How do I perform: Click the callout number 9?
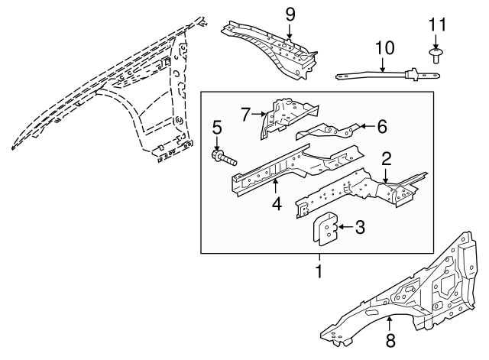pyautogui.click(x=290, y=15)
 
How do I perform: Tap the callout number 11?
pyautogui.click(x=437, y=24)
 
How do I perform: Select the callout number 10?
pyautogui.click(x=384, y=48)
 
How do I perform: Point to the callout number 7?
pyautogui.click(x=245, y=115)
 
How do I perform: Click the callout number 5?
pyautogui.click(x=217, y=128)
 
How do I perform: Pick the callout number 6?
pyautogui.click(x=382, y=127)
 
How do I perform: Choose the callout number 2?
pyautogui.click(x=386, y=159)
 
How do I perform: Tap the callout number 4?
pyautogui.click(x=277, y=204)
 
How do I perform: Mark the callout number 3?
pyautogui.click(x=360, y=227)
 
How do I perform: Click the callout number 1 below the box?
pyautogui.click(x=319, y=271)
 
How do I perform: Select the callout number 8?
pyautogui.click(x=390, y=340)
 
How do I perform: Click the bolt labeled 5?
pyautogui.click(x=224, y=157)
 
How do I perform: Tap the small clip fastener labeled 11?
pyautogui.click(x=436, y=56)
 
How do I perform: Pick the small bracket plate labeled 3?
pyautogui.click(x=325, y=229)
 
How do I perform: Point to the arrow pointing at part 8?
pyautogui.click(x=389, y=324)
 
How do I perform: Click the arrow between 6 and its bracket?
pyautogui.click(x=368, y=126)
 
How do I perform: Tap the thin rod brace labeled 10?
pyautogui.click(x=388, y=75)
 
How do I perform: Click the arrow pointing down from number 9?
pyautogui.click(x=290, y=31)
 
